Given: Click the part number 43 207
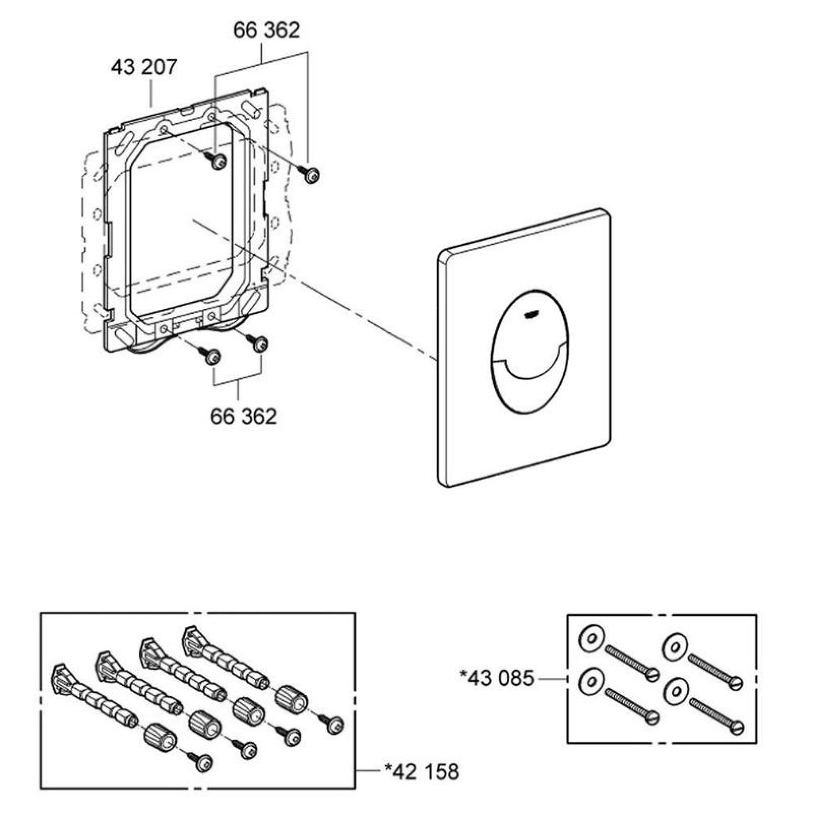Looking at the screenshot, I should tap(144, 67).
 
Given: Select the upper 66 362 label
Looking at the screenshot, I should tap(266, 30).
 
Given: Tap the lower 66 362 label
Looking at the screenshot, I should tap(243, 416).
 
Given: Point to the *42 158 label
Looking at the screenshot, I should tap(422, 771).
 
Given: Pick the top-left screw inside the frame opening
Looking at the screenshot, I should tap(218, 162).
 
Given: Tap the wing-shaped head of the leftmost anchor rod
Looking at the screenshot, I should tap(60, 676).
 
